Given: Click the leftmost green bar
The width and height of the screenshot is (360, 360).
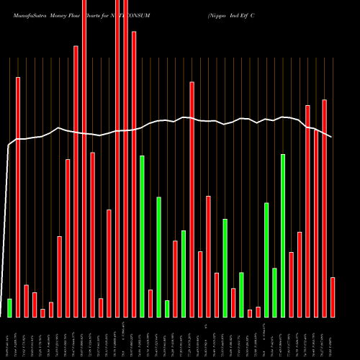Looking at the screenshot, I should tap(9, 307).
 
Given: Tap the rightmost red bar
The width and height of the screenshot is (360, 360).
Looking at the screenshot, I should tap(333, 297).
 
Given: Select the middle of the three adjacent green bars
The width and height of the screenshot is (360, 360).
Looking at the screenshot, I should tap(274, 292).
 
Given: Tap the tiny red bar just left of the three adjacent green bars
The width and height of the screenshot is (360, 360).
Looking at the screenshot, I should tap(258, 312).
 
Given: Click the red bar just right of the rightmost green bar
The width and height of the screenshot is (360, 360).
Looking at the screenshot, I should tap(292, 284).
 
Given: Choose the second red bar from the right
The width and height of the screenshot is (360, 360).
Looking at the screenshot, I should tap(325, 208).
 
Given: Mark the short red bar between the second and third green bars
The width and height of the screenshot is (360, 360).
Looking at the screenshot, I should tap(150, 303).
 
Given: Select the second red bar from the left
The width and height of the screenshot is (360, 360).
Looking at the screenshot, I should tap(26, 300).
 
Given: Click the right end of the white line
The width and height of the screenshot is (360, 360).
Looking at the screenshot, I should tap(332, 137).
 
